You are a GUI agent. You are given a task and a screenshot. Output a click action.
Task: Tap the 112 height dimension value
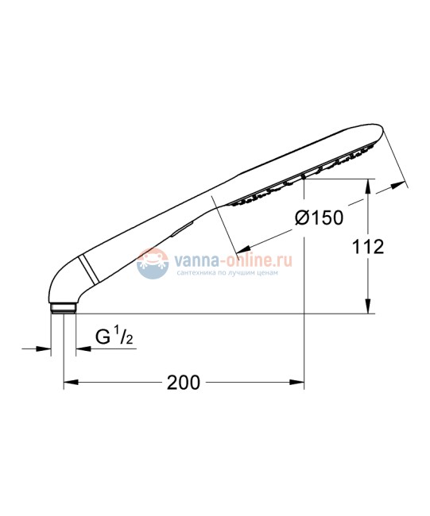(367, 246)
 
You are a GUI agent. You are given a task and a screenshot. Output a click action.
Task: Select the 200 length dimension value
(183, 383)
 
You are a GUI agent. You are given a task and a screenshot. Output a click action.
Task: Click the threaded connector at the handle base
(63, 309)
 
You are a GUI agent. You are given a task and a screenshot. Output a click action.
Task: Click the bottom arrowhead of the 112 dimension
(367, 309)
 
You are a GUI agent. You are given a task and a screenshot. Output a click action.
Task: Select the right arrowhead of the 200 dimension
(299, 383)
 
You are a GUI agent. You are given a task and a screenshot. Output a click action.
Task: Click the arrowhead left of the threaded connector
(47, 348)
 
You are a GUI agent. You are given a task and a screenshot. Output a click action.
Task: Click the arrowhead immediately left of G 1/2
(81, 348)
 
